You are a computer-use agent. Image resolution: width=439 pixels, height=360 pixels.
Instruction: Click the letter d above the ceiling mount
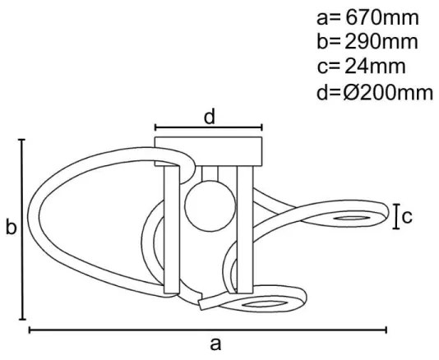coord(210,117)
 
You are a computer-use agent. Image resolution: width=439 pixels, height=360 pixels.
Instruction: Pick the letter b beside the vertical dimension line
coord(10,228)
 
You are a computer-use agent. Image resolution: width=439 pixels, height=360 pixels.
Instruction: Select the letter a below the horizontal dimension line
coord(215,344)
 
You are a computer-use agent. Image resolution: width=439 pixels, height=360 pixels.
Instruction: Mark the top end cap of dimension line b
coord(22,140)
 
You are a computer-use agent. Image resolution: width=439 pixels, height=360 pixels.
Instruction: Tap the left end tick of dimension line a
coord(30,330)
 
